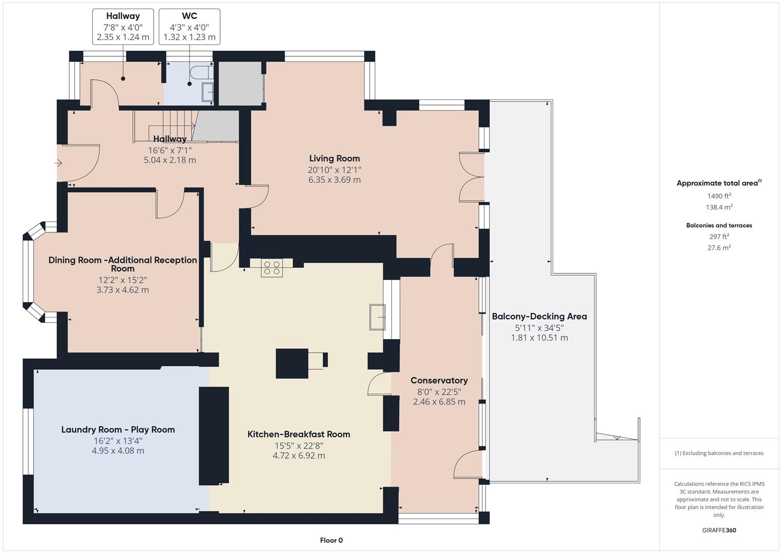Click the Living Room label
click(334, 159)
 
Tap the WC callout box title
click(189, 16)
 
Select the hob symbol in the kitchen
click(271, 268)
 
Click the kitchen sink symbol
click(377, 317)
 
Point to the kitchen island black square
click(292, 363)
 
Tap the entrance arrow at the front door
click(58, 163)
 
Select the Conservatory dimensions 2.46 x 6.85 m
click(439, 402)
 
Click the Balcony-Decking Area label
click(539, 316)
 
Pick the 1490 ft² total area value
click(719, 196)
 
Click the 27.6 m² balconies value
click(719, 248)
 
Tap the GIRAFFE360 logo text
click(719, 530)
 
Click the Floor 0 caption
click(331, 540)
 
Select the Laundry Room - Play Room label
click(118, 430)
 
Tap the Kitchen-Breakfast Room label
click(299, 434)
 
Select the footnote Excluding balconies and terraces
click(719, 453)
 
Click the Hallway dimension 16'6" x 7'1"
click(170, 150)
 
